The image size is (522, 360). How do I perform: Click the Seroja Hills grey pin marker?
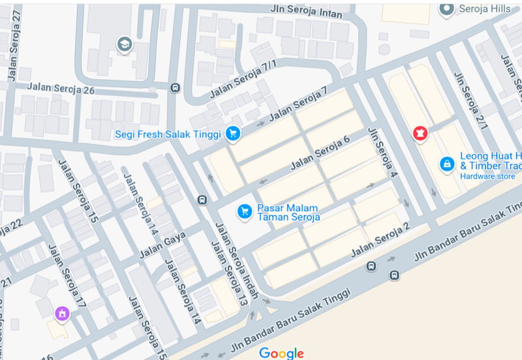point(447,8)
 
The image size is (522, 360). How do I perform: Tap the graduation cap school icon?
point(123,44)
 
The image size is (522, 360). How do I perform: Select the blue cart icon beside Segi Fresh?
point(233,134)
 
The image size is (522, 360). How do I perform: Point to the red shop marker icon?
point(421,133)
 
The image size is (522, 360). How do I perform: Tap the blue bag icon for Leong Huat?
point(447,164)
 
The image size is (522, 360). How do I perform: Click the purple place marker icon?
point(63,314)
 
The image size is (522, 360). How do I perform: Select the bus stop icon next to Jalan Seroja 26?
point(175,88)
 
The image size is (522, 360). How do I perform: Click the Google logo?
point(281,353)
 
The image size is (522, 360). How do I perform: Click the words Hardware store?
point(487,176)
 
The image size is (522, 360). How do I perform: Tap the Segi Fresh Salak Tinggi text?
point(169,134)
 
